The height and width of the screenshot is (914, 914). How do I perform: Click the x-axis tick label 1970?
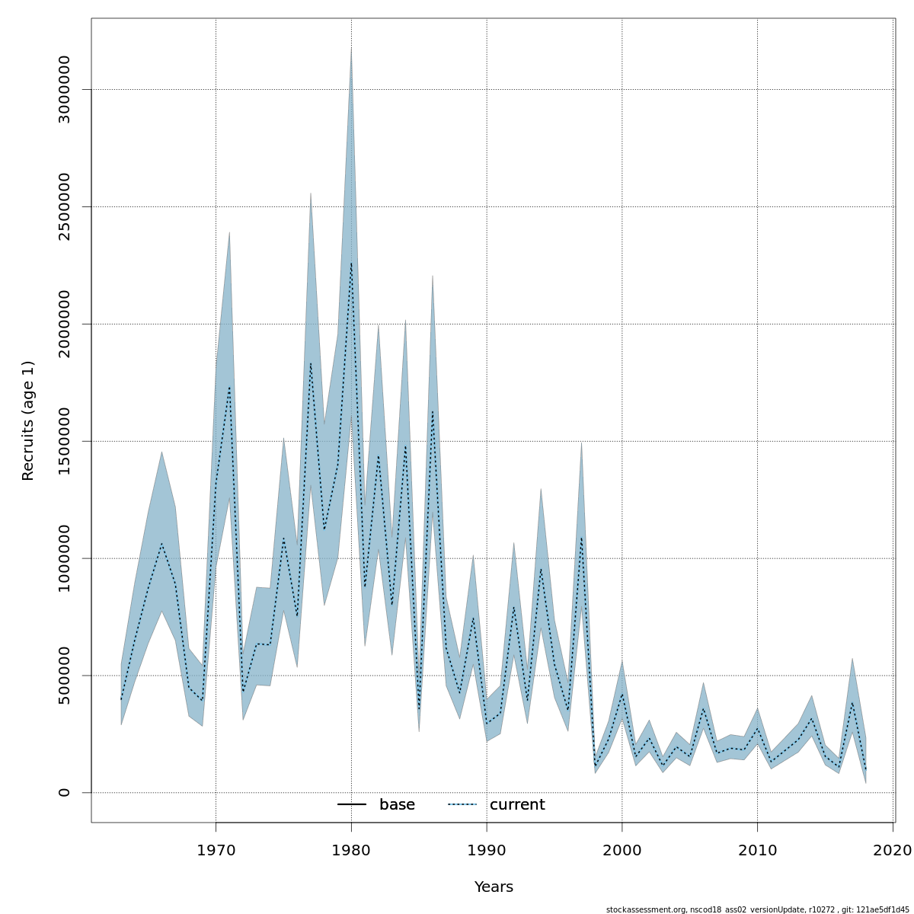point(216,849)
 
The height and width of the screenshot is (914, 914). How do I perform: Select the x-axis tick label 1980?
point(351,849)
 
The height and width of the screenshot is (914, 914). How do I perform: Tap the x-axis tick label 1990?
point(487,849)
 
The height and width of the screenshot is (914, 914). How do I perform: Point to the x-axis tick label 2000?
point(622,849)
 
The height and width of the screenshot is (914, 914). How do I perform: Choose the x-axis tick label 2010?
point(757,849)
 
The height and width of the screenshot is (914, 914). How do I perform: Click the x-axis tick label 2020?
point(893,849)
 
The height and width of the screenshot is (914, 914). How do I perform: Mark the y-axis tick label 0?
point(64,792)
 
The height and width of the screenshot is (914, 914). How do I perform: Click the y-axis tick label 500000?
point(64,676)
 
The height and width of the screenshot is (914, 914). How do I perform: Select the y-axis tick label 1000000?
point(64,558)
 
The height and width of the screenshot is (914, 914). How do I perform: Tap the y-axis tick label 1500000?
point(64,441)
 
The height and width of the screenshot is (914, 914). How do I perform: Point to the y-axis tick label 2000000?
point(64,324)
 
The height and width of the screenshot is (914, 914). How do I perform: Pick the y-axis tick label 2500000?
point(64,206)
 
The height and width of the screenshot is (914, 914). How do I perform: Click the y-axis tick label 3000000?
point(64,89)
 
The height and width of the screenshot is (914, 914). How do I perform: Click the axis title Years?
point(494,887)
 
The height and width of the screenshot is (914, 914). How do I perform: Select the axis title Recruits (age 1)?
point(28,420)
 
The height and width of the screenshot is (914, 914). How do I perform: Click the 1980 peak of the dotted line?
point(351,263)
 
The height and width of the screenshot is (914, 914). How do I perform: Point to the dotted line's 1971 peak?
point(229,386)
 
